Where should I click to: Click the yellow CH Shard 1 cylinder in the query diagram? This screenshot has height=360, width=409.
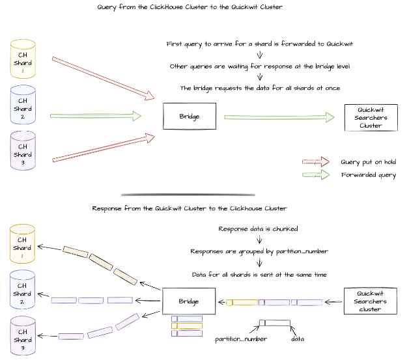[23, 58]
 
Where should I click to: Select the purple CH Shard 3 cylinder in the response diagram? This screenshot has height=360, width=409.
[22, 335]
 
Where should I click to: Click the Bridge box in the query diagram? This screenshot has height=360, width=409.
[189, 117]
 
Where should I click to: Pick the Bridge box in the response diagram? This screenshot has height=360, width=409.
[189, 302]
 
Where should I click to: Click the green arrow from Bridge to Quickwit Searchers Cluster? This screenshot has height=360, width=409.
[280, 117]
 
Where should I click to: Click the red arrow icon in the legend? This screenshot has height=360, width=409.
[315, 162]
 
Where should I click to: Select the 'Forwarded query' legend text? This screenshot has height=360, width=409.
[368, 175]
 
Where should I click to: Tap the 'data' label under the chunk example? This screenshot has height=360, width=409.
[298, 339]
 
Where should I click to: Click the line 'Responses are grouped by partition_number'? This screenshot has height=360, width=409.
[259, 251]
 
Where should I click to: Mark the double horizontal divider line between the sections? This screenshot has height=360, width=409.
[189, 195]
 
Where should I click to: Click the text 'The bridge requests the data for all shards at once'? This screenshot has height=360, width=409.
[259, 88]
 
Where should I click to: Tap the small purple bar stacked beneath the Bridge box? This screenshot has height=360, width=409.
[188, 333]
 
